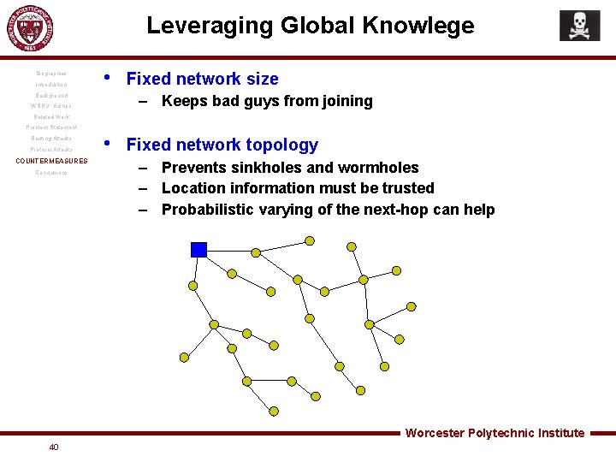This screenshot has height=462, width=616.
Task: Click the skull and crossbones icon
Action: click(579, 26)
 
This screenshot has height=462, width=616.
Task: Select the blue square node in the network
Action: click(198, 249)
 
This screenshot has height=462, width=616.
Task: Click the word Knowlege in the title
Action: click(421, 26)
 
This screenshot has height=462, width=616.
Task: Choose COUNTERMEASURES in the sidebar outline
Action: click(52, 161)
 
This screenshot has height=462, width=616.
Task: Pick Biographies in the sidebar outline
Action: click(52, 74)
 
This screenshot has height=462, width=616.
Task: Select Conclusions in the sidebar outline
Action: click(51, 172)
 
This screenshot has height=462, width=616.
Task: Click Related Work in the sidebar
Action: click(51, 117)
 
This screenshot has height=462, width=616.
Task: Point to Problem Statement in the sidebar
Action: click(51, 127)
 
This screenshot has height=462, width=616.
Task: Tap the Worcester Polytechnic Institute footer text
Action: click(495, 433)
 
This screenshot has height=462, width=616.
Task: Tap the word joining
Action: click(346, 101)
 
